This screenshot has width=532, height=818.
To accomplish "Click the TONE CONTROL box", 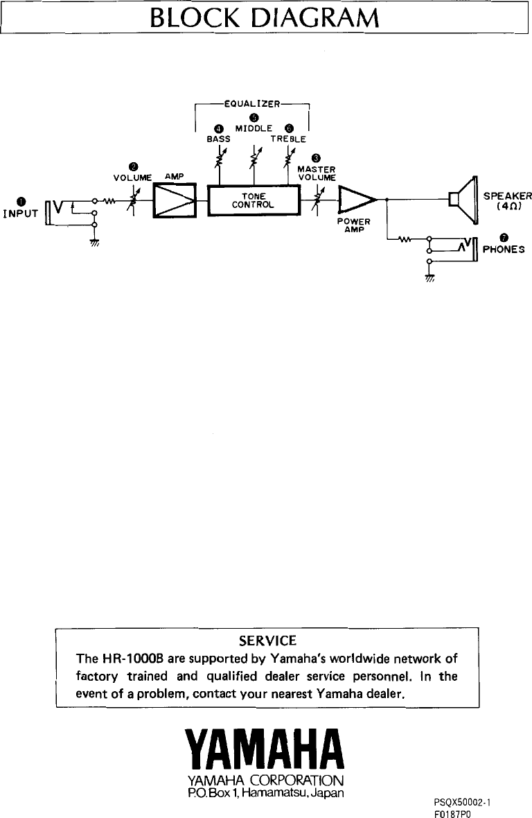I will point(254,200).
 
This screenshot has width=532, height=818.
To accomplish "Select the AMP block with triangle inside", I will point(176,200).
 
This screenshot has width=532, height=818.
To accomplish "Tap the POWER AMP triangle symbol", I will point(355,200).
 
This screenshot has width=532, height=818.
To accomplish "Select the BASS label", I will point(219,139).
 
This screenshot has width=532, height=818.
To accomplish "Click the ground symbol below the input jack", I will point(94,243).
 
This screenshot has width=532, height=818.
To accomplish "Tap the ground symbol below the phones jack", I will point(429,279).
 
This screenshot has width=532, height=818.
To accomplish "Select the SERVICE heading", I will point(267,639).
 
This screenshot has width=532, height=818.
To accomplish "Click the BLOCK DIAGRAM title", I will point(265,17).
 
